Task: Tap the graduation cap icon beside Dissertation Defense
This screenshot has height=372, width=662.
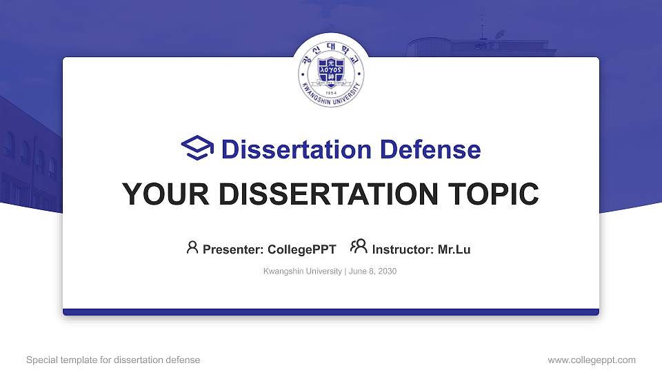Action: (197, 149)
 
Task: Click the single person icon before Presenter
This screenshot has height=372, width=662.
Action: (192, 247)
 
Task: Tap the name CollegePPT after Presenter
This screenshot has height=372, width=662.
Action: (301, 249)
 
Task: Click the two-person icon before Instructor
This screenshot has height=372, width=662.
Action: (359, 247)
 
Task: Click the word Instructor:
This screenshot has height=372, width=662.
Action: (403, 249)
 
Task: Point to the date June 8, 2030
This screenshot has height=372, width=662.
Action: (372, 271)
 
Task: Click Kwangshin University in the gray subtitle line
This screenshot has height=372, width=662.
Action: (302, 271)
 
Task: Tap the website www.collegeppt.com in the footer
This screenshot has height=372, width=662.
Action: (591, 360)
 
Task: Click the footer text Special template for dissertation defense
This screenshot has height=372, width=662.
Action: (113, 360)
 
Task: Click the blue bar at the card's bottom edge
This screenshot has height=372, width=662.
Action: (331, 312)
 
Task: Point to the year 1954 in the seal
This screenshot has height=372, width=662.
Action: (331, 92)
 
